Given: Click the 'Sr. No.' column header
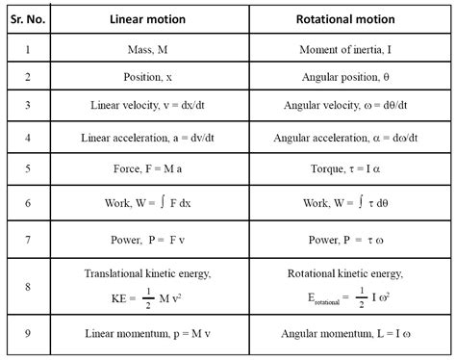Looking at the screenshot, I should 31,18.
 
